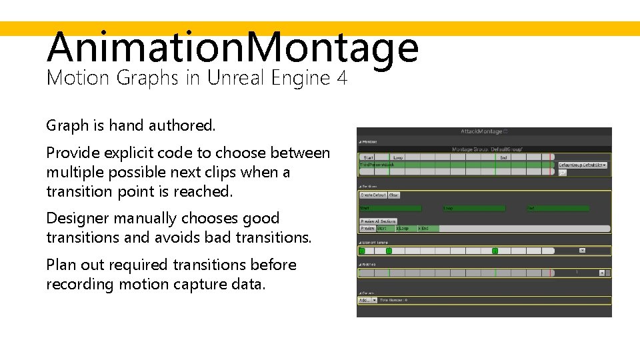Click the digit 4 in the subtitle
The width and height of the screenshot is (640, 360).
tap(342, 78)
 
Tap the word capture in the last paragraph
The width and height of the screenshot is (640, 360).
tap(207, 284)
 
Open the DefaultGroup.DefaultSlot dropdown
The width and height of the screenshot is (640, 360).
tap(582, 164)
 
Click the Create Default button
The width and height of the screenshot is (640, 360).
tap(373, 195)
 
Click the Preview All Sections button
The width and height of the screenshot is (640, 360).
tap(378, 221)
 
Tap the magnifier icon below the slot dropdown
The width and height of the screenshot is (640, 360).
tap(562, 173)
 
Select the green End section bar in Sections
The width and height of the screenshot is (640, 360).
tap(557, 208)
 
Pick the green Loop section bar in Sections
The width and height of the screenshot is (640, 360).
tap(473, 208)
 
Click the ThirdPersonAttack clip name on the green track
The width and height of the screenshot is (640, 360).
tap(377, 165)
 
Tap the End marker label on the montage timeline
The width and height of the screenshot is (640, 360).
tap(503, 157)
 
